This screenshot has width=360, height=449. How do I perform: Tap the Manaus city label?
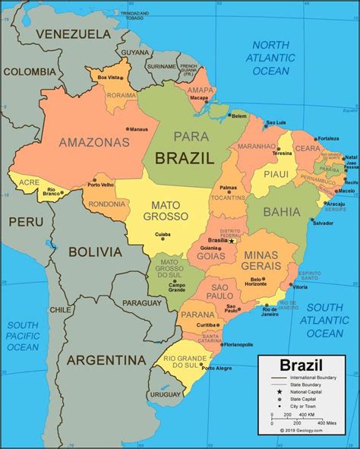[x=138, y=129]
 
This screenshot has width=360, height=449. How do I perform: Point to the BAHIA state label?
[x=282, y=213]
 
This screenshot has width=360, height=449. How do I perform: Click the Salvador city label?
[x=322, y=223]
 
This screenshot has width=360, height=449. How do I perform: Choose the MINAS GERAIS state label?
[x=260, y=261]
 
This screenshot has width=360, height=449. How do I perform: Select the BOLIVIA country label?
[x=94, y=251]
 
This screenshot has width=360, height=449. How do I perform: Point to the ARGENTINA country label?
[x=106, y=359]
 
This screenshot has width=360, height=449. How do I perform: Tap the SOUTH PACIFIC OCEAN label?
[x=23, y=336]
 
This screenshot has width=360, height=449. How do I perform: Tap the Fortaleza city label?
[x=329, y=139]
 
